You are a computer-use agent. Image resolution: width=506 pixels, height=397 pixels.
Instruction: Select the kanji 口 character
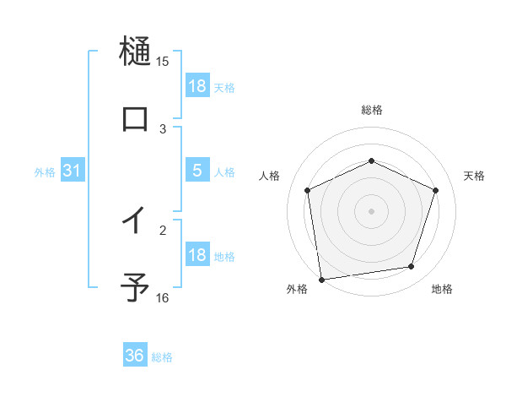click(135, 118)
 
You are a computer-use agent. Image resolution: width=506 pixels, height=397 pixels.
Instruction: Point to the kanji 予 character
click(135, 287)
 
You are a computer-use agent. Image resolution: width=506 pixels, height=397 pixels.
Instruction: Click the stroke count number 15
click(163, 62)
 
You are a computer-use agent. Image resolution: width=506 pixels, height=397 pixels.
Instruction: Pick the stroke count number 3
click(163, 129)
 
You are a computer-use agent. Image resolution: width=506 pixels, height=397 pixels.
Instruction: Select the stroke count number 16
click(163, 298)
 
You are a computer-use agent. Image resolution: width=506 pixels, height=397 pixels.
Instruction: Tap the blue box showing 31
click(73, 171)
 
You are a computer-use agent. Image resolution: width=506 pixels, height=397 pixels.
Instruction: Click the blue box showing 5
click(197, 171)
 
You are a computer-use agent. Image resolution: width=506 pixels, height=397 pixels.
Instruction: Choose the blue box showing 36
click(135, 356)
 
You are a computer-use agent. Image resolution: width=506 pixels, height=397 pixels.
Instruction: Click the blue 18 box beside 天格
click(197, 86)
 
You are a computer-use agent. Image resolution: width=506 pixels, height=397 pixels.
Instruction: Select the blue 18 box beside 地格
click(197, 255)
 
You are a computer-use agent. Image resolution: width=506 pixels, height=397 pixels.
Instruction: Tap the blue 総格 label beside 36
click(163, 357)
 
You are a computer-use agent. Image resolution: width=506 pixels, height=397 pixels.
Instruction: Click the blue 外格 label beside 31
click(45, 172)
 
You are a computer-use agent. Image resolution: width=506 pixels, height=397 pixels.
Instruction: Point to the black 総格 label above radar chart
click(371, 110)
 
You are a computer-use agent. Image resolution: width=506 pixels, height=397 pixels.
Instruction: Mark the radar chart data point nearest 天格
click(436, 190)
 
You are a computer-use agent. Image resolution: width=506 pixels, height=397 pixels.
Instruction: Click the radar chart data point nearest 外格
click(321, 279)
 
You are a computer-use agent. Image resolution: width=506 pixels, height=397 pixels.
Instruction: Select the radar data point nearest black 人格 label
click(308, 190)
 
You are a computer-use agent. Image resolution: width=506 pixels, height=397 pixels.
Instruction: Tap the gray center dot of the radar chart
click(371, 210)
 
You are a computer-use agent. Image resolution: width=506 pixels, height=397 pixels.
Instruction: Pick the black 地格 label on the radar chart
click(442, 290)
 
